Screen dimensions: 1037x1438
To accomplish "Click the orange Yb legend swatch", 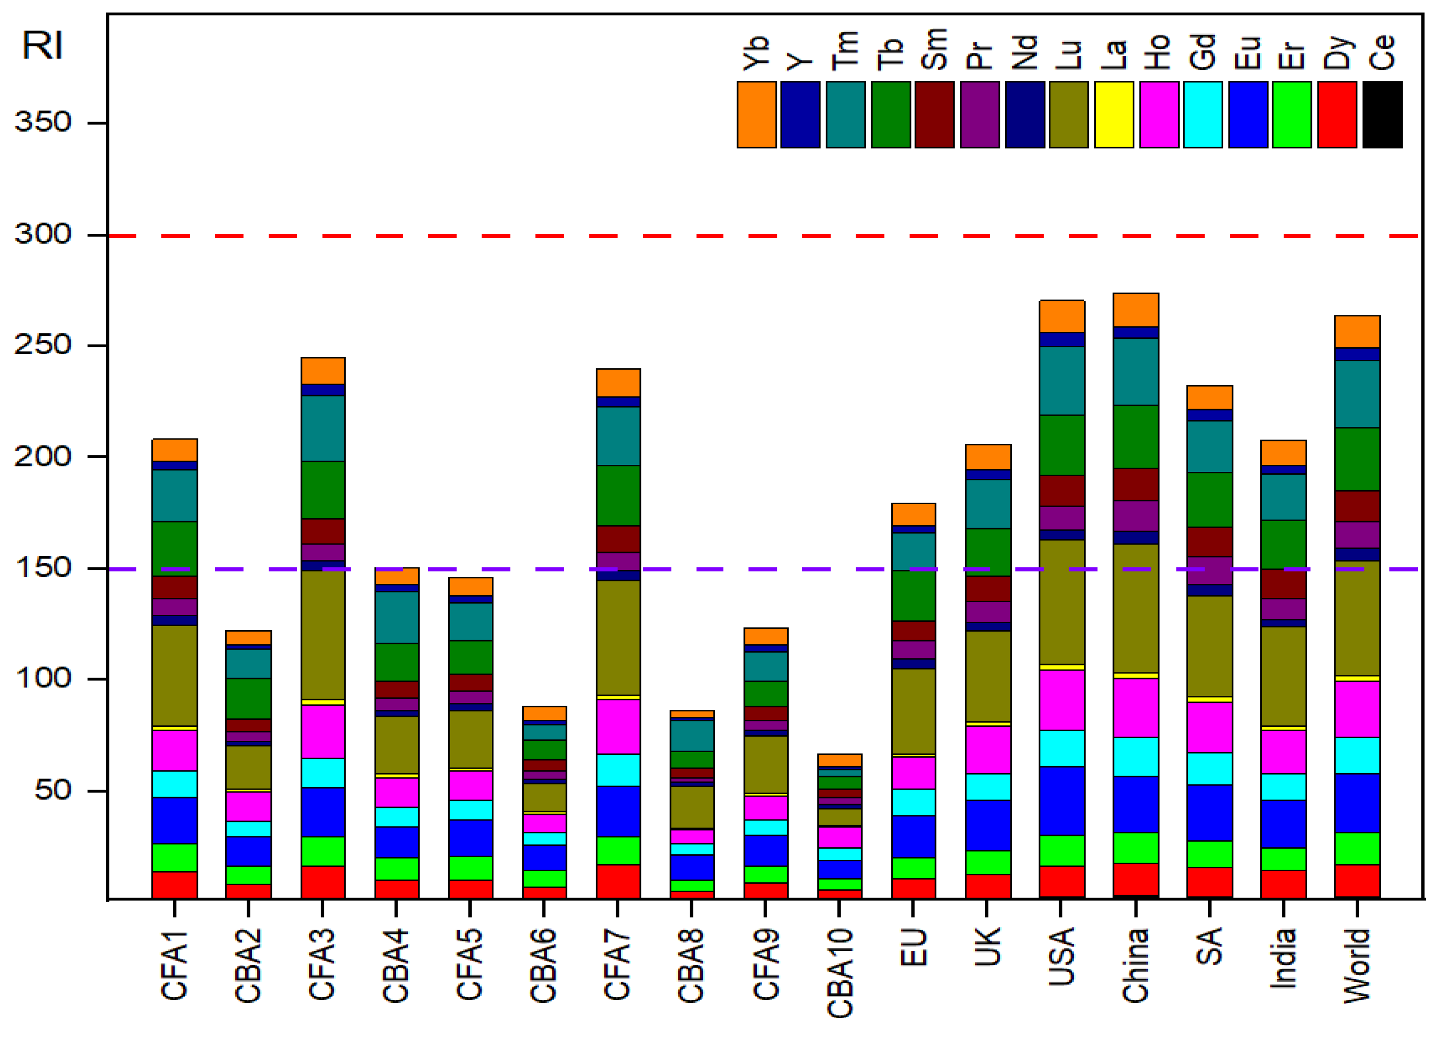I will (756, 115).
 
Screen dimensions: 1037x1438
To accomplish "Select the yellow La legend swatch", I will (1114, 115).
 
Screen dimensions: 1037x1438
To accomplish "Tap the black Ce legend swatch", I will (1382, 115).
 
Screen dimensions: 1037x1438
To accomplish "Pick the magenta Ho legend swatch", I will (1159, 115).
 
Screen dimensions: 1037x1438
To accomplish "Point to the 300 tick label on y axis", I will (43, 234).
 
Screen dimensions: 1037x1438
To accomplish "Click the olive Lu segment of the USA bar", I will (1062, 602).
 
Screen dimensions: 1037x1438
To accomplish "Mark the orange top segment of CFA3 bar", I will (323, 371).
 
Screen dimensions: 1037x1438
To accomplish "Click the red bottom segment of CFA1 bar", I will (174, 885).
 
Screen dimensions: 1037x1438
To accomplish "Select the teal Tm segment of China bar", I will (1136, 372).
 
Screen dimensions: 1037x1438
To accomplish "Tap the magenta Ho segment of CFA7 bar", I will (618, 726).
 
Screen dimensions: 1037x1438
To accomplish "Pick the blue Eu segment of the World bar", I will (1357, 803).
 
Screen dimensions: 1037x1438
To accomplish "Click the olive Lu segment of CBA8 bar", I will (692, 807).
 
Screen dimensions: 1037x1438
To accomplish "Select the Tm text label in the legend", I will (845, 51).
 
